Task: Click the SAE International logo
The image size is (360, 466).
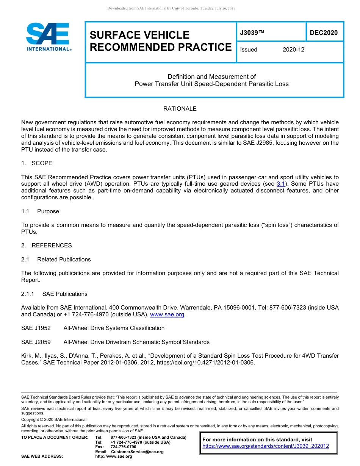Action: (49, 37)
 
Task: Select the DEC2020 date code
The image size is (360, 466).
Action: (324, 33)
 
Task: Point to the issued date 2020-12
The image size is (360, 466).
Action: (293, 50)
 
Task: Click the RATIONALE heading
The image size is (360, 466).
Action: (180, 109)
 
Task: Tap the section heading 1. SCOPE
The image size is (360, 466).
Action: (37, 163)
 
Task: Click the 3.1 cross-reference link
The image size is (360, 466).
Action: (281, 184)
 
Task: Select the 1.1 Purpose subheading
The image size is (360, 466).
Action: (40, 211)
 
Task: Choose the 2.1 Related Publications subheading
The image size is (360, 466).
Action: (56, 260)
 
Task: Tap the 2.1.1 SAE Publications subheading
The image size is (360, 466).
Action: (54, 294)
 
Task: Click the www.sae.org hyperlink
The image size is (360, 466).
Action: (167, 314)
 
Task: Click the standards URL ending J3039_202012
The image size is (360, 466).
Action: (266, 446)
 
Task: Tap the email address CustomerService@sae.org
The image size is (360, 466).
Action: (137, 452)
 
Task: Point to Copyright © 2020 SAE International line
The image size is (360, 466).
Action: (54, 419)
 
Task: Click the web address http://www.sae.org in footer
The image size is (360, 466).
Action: (114, 456)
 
